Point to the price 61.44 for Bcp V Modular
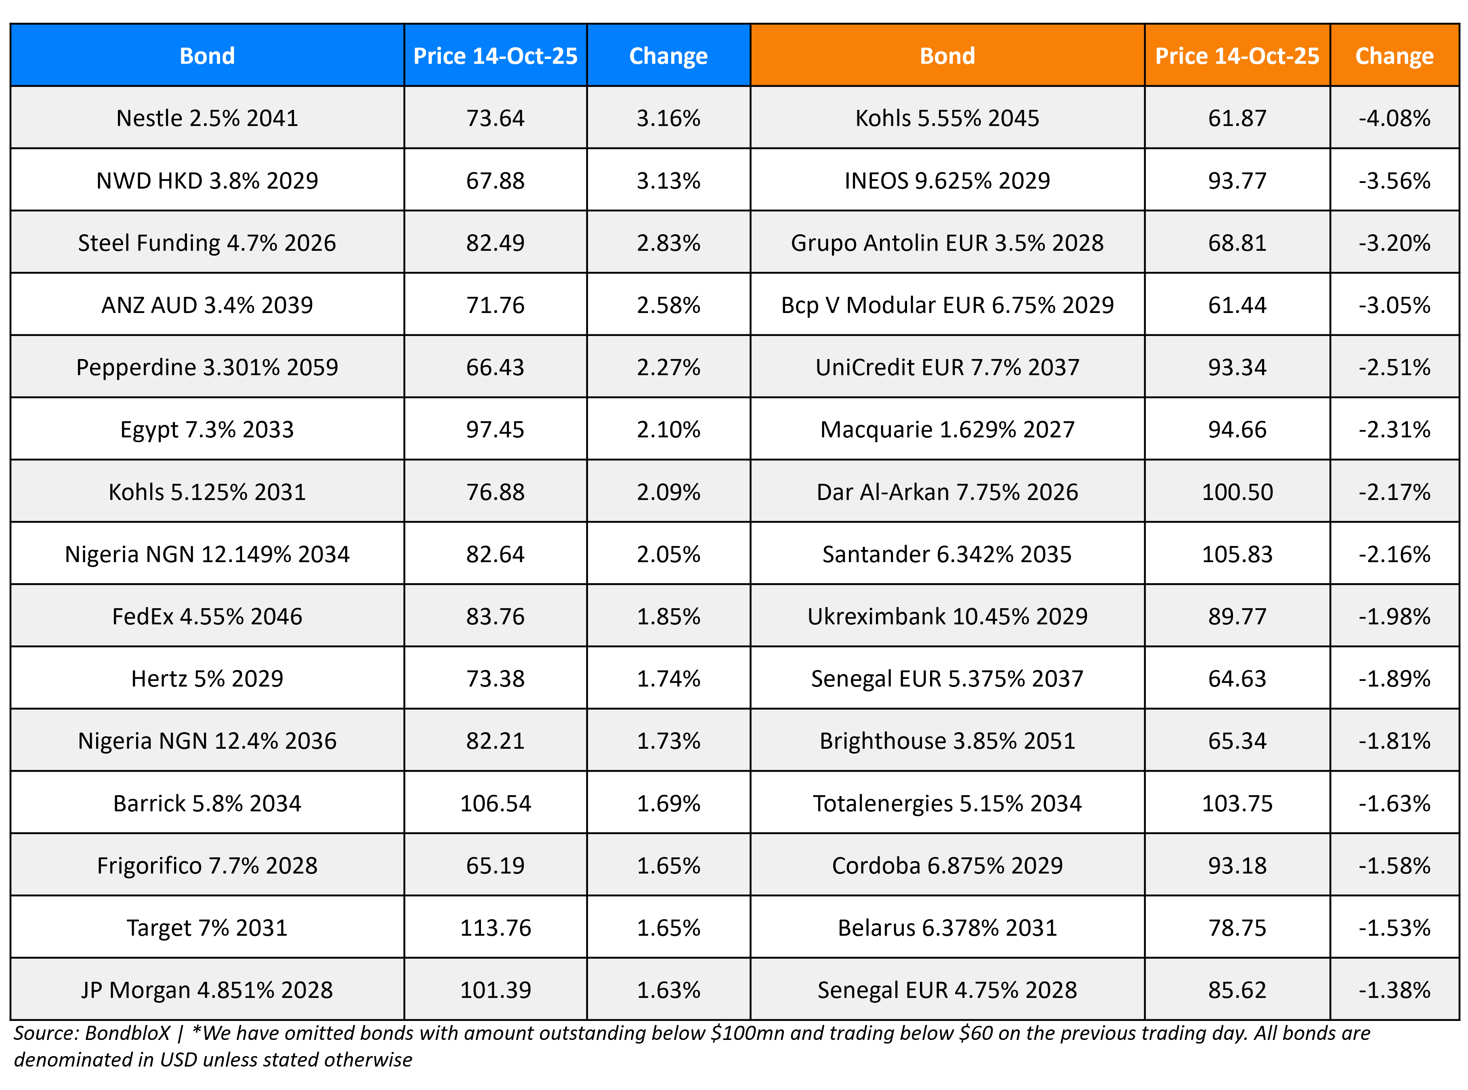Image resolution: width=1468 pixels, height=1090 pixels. [1237, 305]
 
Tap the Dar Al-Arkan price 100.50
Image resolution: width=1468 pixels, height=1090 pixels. [1237, 491]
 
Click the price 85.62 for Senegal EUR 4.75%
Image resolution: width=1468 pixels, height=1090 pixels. [1237, 990]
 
